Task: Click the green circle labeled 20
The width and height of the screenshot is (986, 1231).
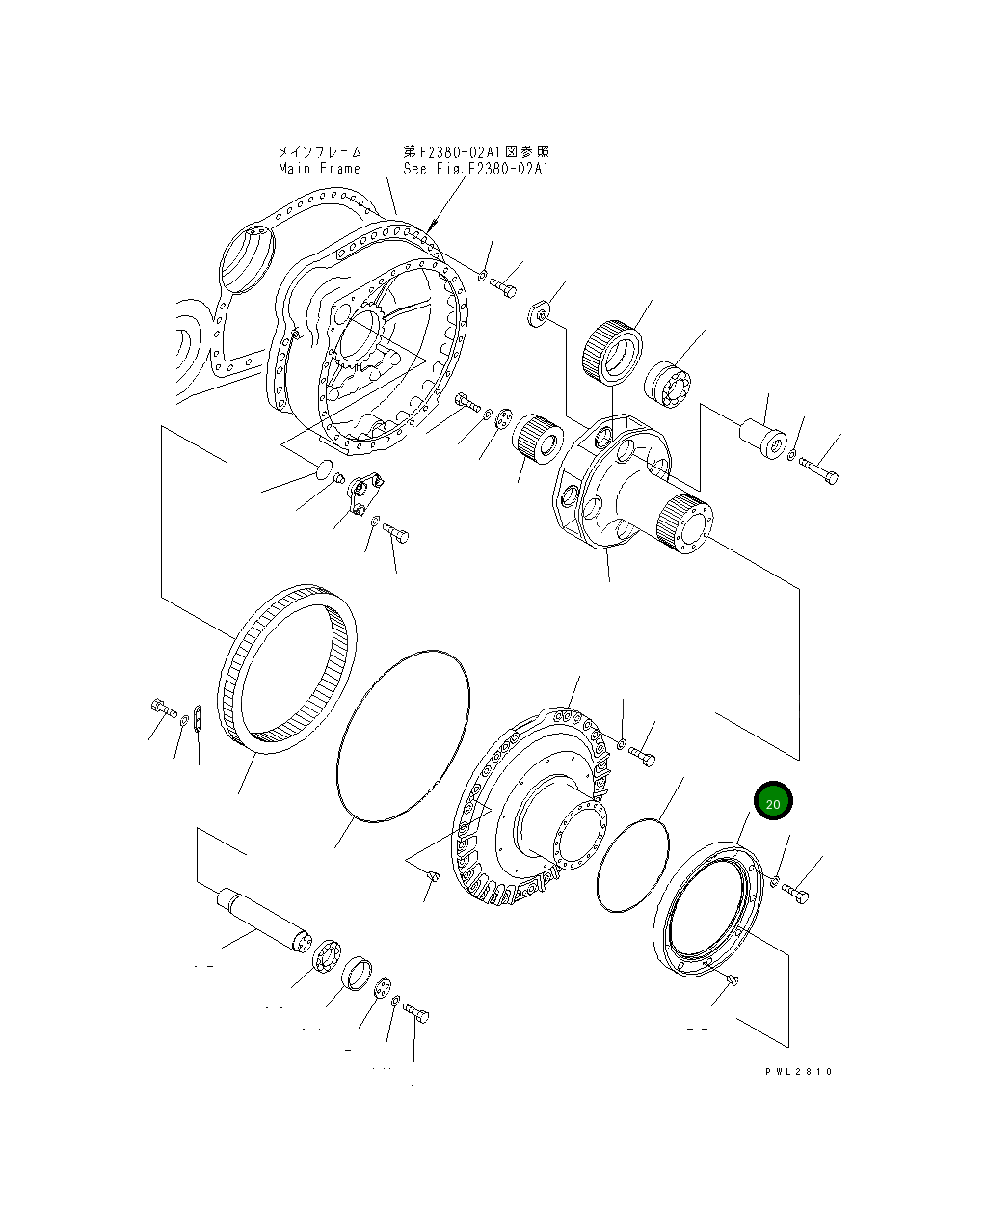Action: (x=772, y=801)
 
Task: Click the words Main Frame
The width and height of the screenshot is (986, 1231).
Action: (x=319, y=169)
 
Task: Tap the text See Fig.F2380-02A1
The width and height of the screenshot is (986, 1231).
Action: (x=475, y=169)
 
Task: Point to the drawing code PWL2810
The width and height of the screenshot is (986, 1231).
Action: (x=799, y=1072)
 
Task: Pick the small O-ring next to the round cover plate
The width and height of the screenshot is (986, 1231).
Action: (x=632, y=864)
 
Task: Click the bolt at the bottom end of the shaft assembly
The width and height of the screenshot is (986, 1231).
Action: (x=417, y=1013)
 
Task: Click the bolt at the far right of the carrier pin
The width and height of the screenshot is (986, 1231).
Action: (x=819, y=471)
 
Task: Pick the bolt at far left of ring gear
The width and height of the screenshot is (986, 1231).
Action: (x=163, y=709)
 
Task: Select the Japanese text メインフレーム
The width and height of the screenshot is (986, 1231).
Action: (x=319, y=152)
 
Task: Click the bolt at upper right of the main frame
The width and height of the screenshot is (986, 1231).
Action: (x=503, y=286)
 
